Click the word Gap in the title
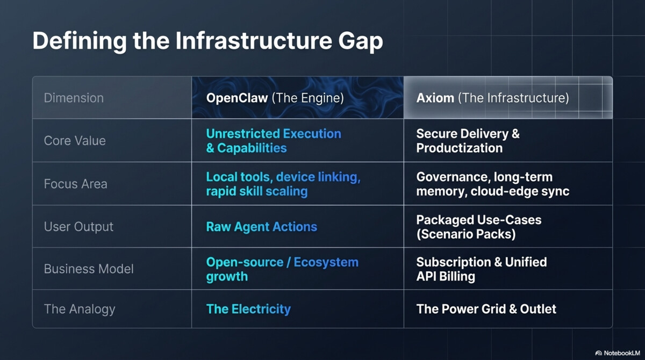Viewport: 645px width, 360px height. [x=361, y=42]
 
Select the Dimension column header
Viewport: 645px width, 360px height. [x=74, y=98]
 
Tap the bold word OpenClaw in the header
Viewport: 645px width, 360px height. [x=237, y=98]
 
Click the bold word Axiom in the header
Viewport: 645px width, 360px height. [x=435, y=98]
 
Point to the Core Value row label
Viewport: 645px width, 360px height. [x=75, y=141]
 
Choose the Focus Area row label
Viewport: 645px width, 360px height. [x=75, y=184]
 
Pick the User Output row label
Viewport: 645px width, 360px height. [x=78, y=226]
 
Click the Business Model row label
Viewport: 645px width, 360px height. [x=89, y=269]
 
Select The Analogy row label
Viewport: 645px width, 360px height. [x=80, y=309]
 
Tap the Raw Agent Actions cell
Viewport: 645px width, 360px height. [x=261, y=227]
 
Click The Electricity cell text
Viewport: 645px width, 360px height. [x=248, y=309]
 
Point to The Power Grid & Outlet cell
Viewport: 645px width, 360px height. [x=486, y=309]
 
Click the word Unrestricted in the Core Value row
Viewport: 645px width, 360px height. [x=243, y=134]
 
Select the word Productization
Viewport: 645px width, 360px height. [x=459, y=148]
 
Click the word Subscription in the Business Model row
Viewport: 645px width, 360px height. [x=454, y=262]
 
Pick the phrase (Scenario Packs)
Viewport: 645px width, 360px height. [x=466, y=234]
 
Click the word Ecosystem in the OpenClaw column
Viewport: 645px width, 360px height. [x=326, y=262]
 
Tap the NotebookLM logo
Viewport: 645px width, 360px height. [x=618, y=353]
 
